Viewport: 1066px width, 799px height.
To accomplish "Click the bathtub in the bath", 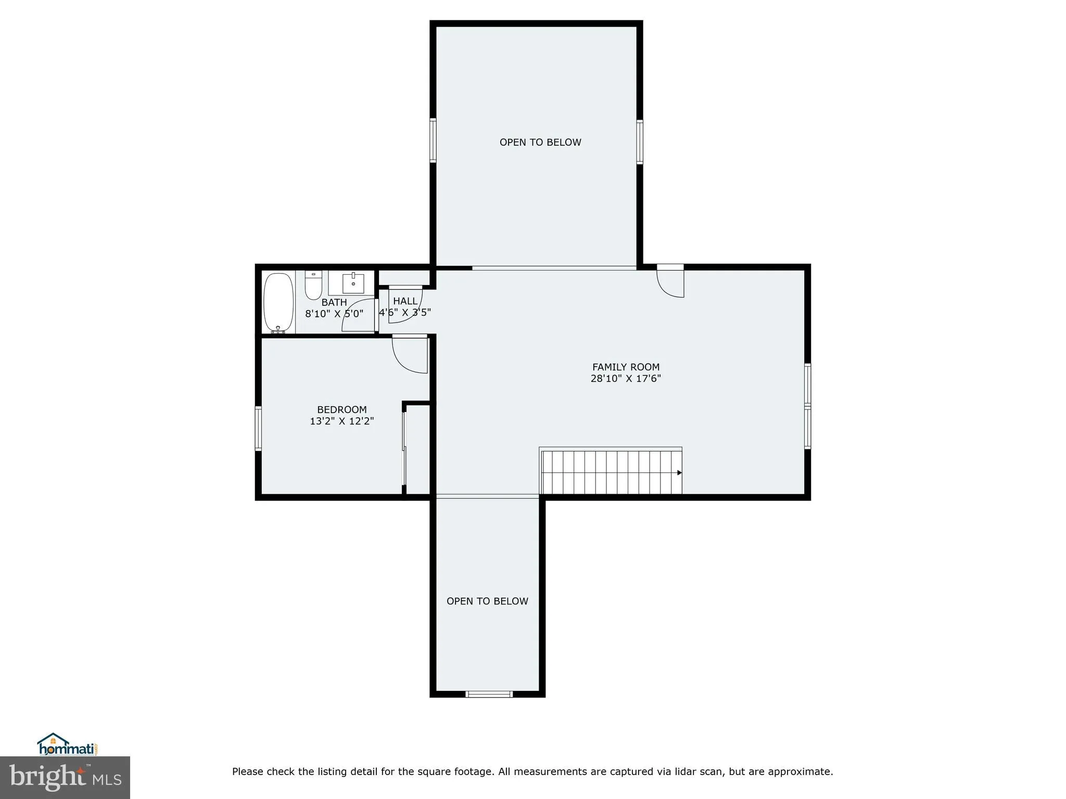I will (278, 303).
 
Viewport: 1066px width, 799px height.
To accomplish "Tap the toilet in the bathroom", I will (313, 286).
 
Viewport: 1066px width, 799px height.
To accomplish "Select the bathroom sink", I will (353, 283).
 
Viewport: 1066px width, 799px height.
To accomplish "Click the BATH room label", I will (334, 302).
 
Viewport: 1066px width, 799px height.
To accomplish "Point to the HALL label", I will (405, 301).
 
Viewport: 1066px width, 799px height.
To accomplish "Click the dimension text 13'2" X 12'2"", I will (342, 421).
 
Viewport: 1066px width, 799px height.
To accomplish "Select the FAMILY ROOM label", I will (626, 367).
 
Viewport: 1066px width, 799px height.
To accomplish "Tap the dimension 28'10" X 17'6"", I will (626, 379).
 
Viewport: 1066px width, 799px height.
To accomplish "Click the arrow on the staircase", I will (679, 473).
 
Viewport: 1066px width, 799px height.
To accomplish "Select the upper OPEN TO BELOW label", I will (540, 143).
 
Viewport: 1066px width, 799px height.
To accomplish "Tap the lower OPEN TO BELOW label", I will (487, 601).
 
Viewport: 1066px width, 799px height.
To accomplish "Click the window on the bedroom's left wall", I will (258, 428).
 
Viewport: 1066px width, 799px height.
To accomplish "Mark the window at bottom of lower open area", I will (489, 694).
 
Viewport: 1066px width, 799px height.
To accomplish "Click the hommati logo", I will (67, 745).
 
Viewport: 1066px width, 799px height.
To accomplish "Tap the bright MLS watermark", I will (65, 778).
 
